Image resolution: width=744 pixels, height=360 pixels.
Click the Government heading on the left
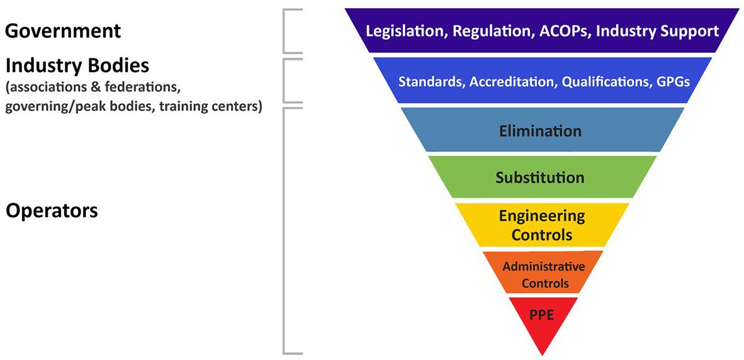[62, 30]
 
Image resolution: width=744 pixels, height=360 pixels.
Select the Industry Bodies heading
[78, 65]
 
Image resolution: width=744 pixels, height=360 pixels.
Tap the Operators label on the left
[52, 210]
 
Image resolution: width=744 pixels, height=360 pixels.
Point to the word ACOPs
[564, 31]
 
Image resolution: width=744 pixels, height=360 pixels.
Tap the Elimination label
[540, 132]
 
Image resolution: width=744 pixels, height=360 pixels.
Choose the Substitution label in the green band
[540, 177]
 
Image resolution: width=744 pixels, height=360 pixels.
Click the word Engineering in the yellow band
[541, 216]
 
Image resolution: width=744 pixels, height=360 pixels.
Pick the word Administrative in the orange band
[543, 266]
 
